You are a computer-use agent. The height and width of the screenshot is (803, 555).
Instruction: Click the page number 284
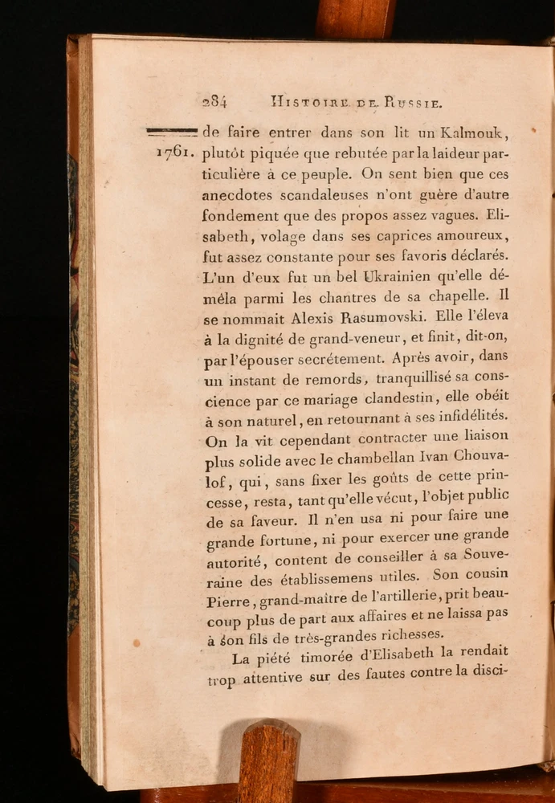point(214,102)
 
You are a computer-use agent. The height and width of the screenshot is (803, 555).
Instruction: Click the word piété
point(273,658)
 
